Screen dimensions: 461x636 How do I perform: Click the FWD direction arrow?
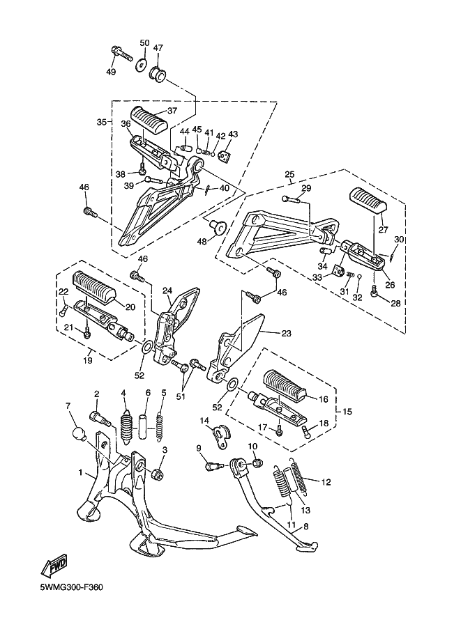click(x=53, y=566)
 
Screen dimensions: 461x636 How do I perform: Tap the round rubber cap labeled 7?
click(x=79, y=435)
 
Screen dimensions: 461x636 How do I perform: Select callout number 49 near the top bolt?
click(x=111, y=72)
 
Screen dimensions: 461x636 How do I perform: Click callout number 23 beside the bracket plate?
click(x=287, y=334)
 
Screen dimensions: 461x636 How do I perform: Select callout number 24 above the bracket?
click(x=167, y=290)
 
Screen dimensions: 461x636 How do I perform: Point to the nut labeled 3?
click(x=157, y=474)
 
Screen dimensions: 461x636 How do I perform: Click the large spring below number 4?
click(x=128, y=429)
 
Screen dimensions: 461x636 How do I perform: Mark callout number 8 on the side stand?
click(x=306, y=526)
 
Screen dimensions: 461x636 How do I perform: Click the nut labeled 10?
click(x=257, y=462)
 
